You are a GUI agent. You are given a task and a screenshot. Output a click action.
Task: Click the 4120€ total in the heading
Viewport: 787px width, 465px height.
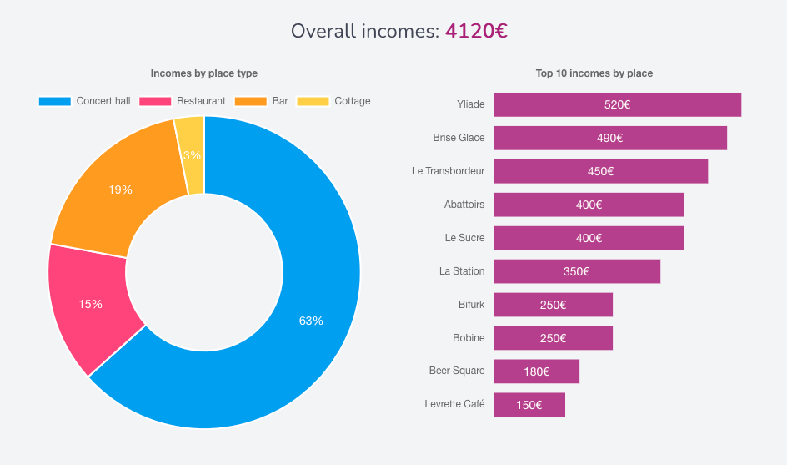point(476,32)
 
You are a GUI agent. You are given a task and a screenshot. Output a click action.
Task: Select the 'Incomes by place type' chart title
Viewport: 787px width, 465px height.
point(204,73)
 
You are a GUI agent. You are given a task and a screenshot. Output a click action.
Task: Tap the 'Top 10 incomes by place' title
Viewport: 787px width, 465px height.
point(594,73)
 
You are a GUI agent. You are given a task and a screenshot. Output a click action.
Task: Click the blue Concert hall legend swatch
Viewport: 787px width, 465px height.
point(55,101)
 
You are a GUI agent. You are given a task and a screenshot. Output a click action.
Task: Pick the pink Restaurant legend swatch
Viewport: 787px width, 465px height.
point(155,101)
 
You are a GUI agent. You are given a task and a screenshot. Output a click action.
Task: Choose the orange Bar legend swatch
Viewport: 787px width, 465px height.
point(250,101)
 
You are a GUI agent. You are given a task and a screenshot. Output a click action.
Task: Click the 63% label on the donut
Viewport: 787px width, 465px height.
point(311,321)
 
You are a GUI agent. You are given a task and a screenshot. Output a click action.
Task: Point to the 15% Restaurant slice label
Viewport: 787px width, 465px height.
point(90,305)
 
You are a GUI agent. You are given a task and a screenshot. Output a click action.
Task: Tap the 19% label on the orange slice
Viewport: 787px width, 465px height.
point(120,190)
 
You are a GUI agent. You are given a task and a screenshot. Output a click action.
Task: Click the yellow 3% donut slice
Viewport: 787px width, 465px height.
point(191,155)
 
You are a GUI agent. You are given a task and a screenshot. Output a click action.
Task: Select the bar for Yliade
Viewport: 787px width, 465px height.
point(617,104)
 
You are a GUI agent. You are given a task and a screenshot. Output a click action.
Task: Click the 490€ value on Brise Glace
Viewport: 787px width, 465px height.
point(609,138)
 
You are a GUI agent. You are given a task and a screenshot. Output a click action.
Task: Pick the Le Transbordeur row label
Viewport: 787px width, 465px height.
point(448,171)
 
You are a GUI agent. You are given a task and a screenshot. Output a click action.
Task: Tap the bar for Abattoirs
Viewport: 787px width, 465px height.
point(589,205)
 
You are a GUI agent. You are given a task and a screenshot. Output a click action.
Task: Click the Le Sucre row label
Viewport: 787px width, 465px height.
point(464,238)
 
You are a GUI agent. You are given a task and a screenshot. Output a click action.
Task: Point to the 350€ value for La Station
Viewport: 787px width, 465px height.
point(576,271)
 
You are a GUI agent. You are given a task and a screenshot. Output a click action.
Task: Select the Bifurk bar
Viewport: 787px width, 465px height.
point(553,305)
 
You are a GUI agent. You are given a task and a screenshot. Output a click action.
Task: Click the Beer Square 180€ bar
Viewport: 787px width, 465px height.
point(536,371)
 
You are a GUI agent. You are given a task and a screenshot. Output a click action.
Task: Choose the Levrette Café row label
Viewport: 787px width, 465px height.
point(454,405)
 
